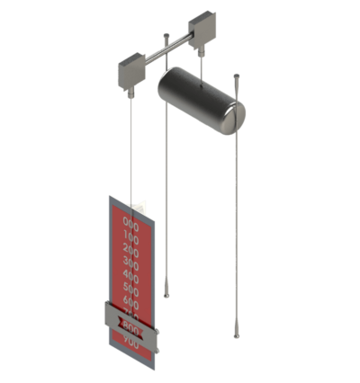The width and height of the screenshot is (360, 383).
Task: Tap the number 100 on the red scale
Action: [x=131, y=239]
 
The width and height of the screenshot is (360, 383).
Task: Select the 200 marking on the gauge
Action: [x=131, y=253]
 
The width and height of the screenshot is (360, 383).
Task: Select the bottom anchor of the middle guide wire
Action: [x=167, y=293]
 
